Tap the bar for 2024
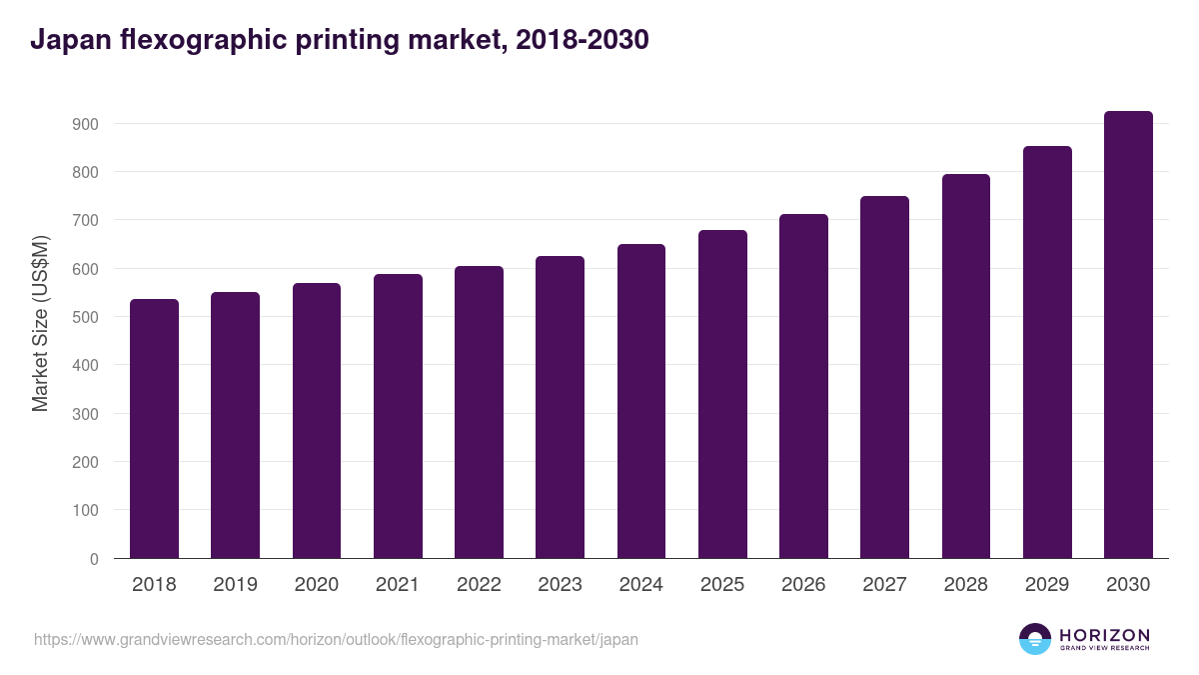[640, 400]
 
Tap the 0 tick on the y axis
[94, 559]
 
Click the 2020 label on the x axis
[316, 585]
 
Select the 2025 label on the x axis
[722, 585]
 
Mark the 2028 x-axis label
[966, 585]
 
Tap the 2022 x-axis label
[479, 585]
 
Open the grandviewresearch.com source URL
[336, 639]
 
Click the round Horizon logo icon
[1035, 639]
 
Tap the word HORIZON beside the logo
[1104, 635]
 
